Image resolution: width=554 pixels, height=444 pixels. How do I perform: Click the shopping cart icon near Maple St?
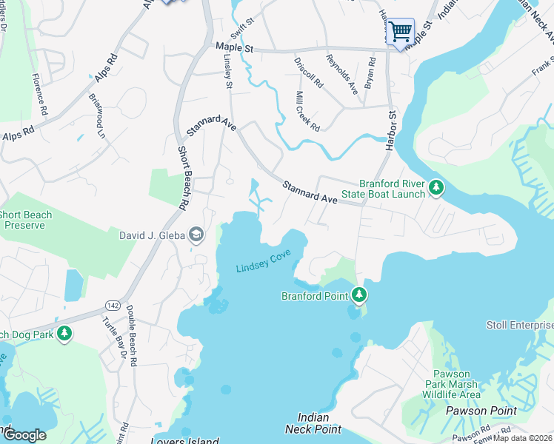pyautogui.click(x=400, y=32)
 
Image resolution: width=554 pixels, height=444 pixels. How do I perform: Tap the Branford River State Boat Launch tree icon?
pyautogui.click(x=437, y=189)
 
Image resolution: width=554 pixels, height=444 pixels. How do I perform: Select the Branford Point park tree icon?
pyautogui.click(x=359, y=296)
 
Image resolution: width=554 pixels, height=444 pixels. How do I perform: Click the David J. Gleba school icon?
pyautogui.click(x=196, y=236)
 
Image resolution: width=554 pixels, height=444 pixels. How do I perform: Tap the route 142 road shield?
pyautogui.click(x=113, y=304)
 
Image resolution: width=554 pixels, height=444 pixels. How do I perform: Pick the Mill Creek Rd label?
pyautogui.click(x=307, y=112)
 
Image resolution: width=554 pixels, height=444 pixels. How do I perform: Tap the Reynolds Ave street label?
pyautogui.click(x=343, y=74)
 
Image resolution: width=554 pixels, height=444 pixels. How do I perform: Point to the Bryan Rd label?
pyautogui.click(x=370, y=72)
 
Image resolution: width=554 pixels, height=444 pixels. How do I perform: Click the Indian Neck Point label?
pyautogui.click(x=313, y=423)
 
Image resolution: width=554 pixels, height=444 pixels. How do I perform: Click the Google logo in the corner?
pyautogui.click(x=24, y=435)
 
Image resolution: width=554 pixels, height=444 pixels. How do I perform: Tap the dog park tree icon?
pyautogui.click(x=64, y=334)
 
